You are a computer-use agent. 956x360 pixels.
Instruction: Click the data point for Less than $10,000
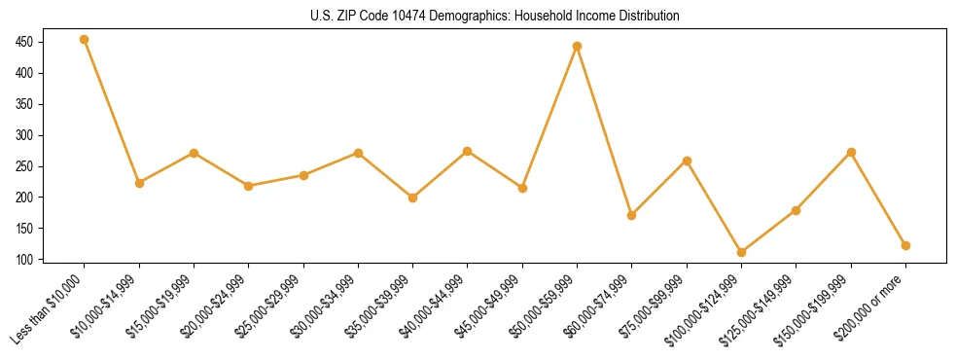pyautogui.click(x=85, y=40)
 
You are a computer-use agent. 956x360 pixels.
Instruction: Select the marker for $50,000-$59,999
pyautogui.click(x=578, y=46)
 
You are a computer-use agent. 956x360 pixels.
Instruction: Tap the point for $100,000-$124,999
pyautogui.click(x=741, y=252)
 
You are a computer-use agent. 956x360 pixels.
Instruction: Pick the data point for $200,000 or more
pyautogui.click(x=905, y=245)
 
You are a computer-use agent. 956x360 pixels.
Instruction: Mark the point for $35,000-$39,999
pyautogui.click(x=413, y=198)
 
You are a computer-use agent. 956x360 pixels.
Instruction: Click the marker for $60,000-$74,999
pyautogui.click(x=632, y=215)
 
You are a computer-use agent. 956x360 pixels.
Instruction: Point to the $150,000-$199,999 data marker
pyautogui.click(x=851, y=152)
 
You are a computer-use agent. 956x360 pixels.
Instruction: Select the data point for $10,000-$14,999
pyautogui.click(x=139, y=183)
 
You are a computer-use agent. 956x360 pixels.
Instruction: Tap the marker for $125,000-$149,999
pyautogui.click(x=797, y=210)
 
